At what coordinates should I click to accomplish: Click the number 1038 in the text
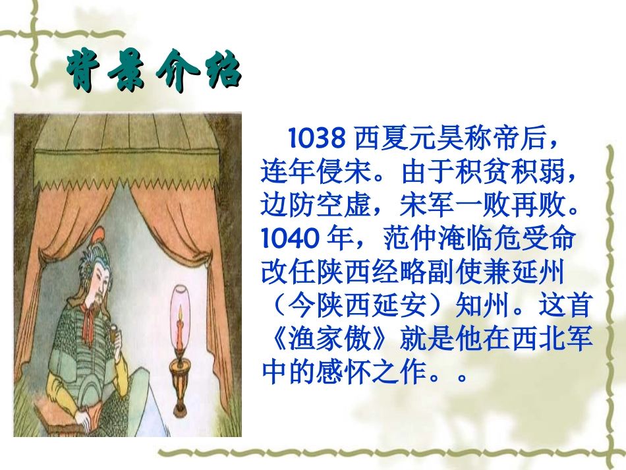(317, 138)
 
